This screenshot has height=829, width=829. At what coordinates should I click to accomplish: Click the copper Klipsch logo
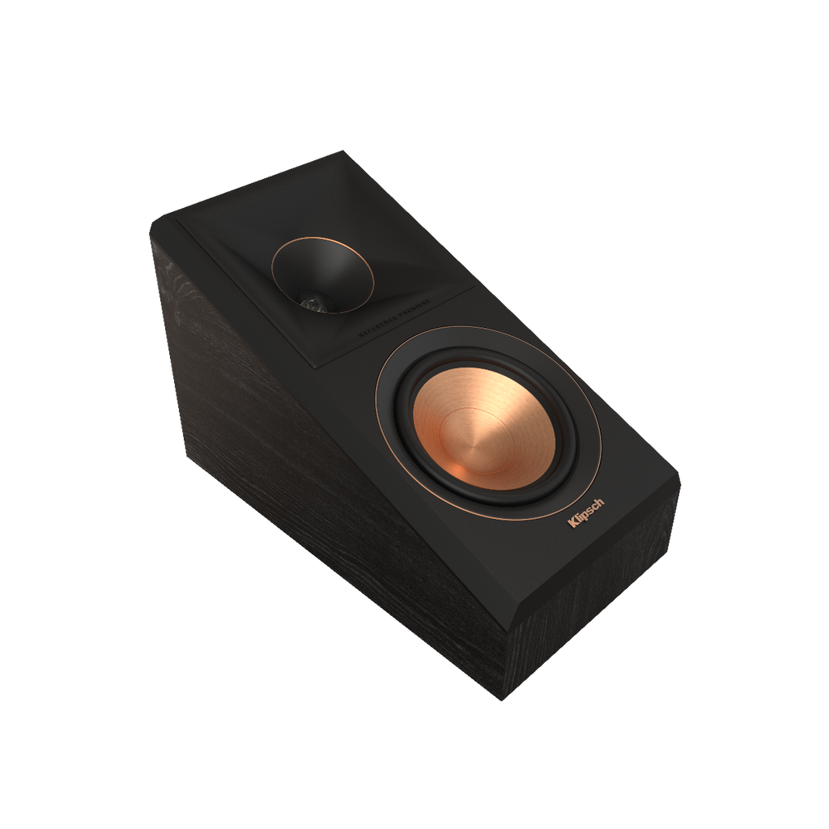(x=586, y=512)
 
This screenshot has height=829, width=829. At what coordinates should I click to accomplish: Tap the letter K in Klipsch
(x=573, y=523)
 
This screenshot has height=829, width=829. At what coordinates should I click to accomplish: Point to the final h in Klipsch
(x=599, y=503)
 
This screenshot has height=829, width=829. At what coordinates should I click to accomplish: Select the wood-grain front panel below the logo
(x=615, y=615)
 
